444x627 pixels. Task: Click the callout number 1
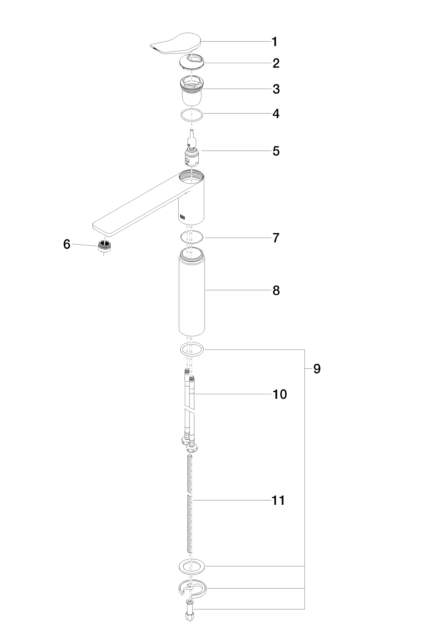(x=275, y=42)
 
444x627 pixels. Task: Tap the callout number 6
(x=67, y=244)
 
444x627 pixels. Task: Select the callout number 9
(x=317, y=369)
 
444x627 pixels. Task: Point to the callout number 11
(x=278, y=501)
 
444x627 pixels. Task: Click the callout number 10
(x=280, y=395)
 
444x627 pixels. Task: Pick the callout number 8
(x=276, y=291)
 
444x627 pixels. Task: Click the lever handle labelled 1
(x=175, y=44)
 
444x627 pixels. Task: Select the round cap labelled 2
(x=191, y=62)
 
